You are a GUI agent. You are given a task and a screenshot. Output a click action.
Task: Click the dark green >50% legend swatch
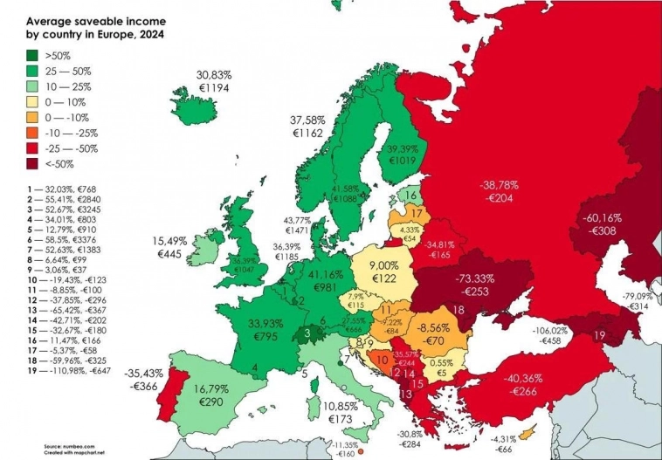click(x=32, y=54)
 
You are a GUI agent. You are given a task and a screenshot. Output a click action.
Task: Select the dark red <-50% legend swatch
click(x=32, y=164)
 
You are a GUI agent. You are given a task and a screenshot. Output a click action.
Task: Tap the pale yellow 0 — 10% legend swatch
click(x=32, y=101)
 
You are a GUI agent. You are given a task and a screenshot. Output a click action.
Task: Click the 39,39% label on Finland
click(x=403, y=149)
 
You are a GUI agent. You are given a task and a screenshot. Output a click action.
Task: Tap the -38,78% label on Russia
click(x=499, y=185)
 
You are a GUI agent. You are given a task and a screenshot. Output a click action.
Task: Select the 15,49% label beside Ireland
click(x=170, y=240)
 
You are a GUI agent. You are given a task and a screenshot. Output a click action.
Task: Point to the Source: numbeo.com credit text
click(x=69, y=445)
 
